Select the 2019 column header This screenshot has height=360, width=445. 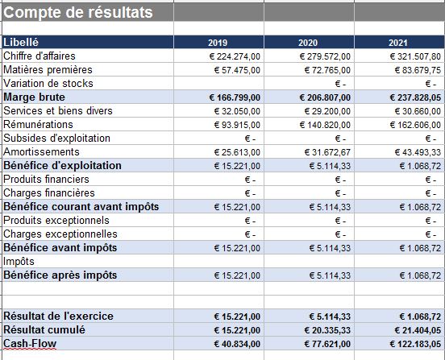pyautogui.click(x=218, y=43)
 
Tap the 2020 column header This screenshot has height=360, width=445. pyautogui.click(x=308, y=43)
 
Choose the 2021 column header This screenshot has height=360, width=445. pyautogui.click(x=398, y=43)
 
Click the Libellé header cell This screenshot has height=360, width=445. pyautogui.click(x=22, y=42)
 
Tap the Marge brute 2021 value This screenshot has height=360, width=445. pyautogui.click(x=415, y=97)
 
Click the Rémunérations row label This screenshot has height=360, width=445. pyautogui.click(x=38, y=125)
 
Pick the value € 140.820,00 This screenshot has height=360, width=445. pyautogui.click(x=323, y=125)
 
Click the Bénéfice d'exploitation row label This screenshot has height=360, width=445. pyautogui.click(x=62, y=165)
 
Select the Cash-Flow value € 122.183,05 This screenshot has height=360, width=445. pyautogui.click(x=414, y=344)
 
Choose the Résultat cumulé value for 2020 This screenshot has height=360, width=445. pyautogui.click(x=325, y=330)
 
